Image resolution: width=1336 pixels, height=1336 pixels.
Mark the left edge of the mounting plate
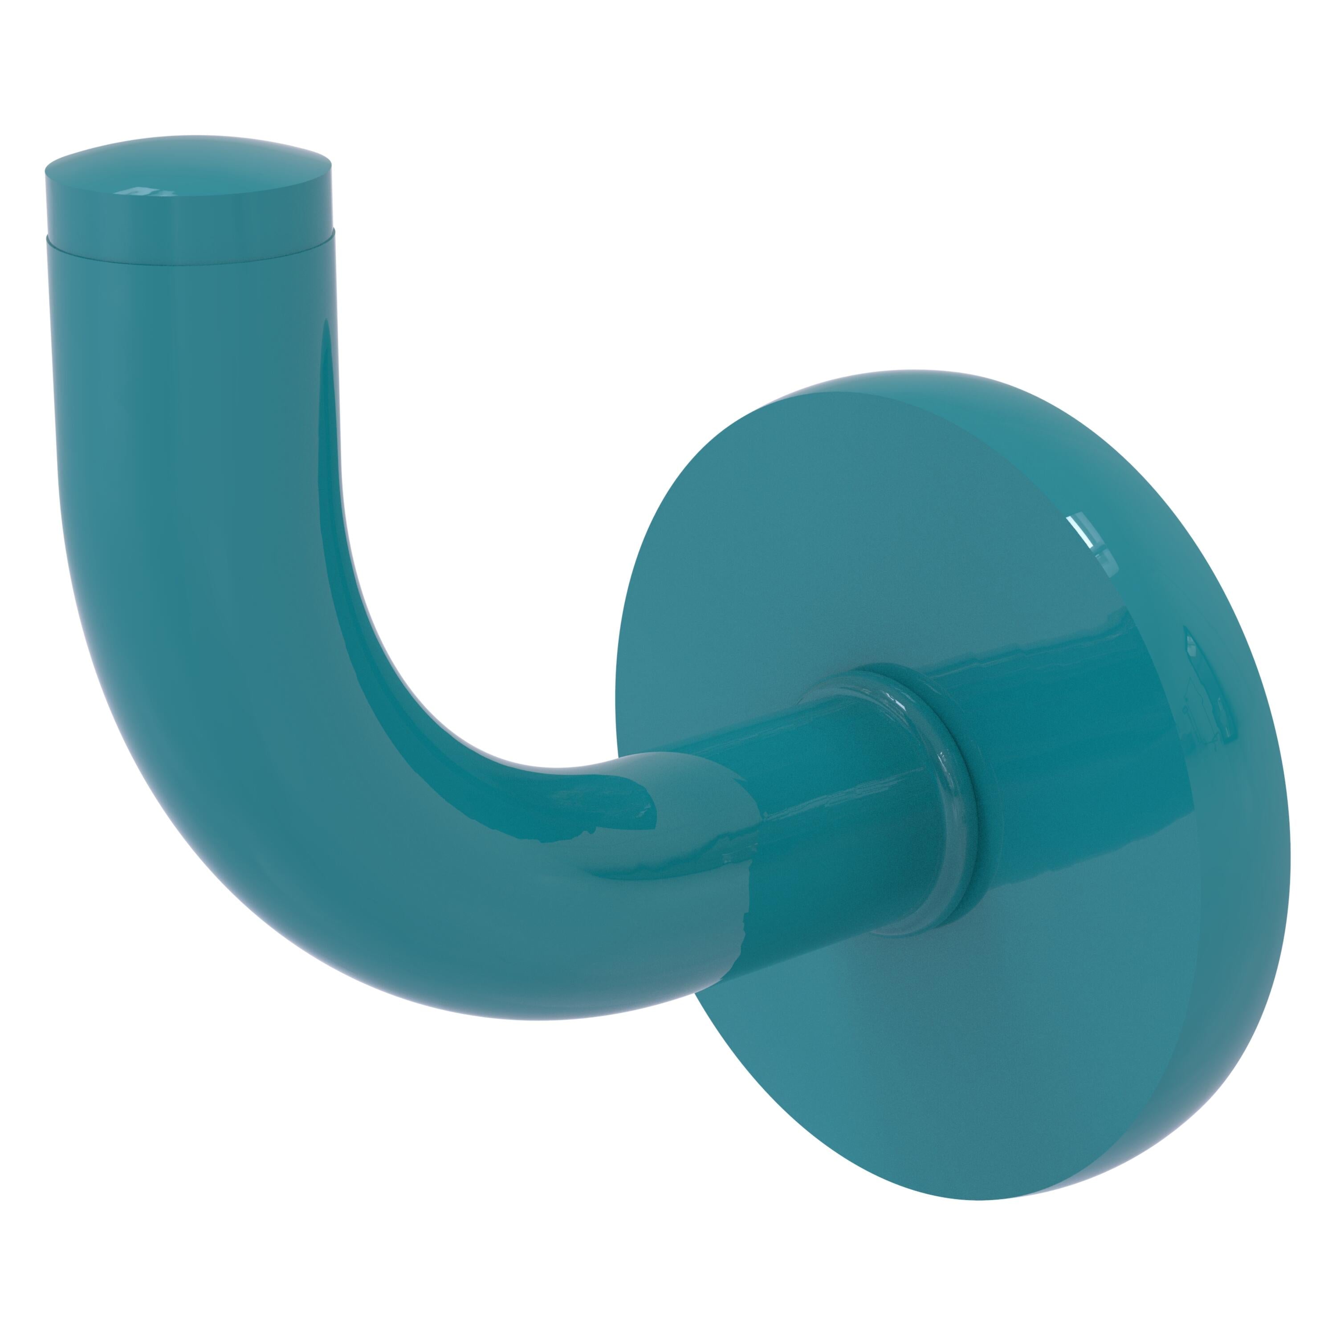619,692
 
